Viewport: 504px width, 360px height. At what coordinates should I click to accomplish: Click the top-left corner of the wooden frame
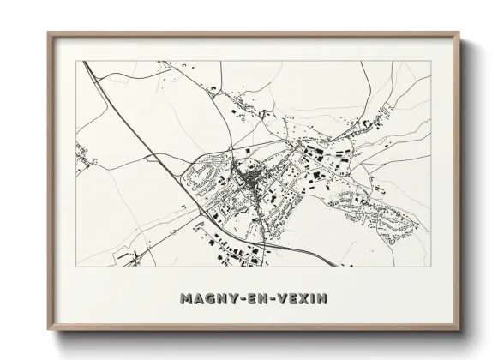point(48,33)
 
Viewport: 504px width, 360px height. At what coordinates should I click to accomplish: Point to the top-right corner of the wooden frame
point(459,33)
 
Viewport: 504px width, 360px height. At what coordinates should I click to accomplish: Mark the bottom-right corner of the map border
point(430,266)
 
